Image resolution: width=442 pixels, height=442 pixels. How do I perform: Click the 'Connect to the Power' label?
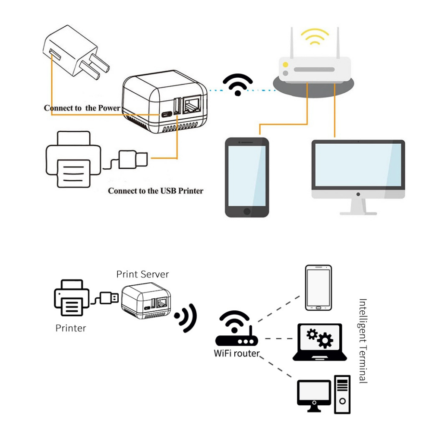[x=82, y=108]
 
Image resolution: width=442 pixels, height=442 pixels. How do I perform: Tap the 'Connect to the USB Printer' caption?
[x=155, y=190]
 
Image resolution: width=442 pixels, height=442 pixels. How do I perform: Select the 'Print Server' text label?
[x=142, y=274]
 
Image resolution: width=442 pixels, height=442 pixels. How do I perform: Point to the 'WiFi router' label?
[x=237, y=354]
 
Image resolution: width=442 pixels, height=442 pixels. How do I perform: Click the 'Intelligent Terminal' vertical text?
[x=363, y=341]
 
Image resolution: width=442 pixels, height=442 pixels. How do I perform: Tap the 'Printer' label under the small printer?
[x=71, y=328]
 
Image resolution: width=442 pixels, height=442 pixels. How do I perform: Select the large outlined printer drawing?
[x=73, y=160]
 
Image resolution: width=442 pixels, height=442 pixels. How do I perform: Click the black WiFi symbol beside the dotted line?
[x=237, y=85]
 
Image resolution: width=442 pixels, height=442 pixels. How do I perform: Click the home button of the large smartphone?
[x=247, y=212]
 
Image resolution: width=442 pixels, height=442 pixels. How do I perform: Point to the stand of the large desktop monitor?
[x=358, y=206]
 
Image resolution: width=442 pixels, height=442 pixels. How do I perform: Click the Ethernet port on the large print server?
[x=191, y=106]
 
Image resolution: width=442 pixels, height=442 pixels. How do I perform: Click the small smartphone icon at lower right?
[x=319, y=288]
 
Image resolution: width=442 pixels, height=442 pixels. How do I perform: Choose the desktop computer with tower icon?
[x=324, y=395]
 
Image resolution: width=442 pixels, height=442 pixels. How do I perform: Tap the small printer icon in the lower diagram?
[x=72, y=298]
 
